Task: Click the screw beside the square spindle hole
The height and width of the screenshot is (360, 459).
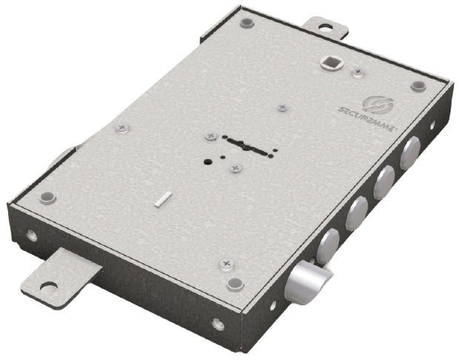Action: coord(359,72)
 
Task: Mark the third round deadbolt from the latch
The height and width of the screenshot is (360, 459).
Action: coord(384,184)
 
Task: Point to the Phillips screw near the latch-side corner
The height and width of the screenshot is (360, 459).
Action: coord(226,263)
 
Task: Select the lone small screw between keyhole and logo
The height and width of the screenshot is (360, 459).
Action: coord(282,108)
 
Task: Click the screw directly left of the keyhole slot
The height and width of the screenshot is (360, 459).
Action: coord(211,136)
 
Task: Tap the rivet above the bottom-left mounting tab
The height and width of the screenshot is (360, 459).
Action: coord(48,197)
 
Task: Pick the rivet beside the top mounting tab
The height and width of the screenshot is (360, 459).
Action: coord(246,24)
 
